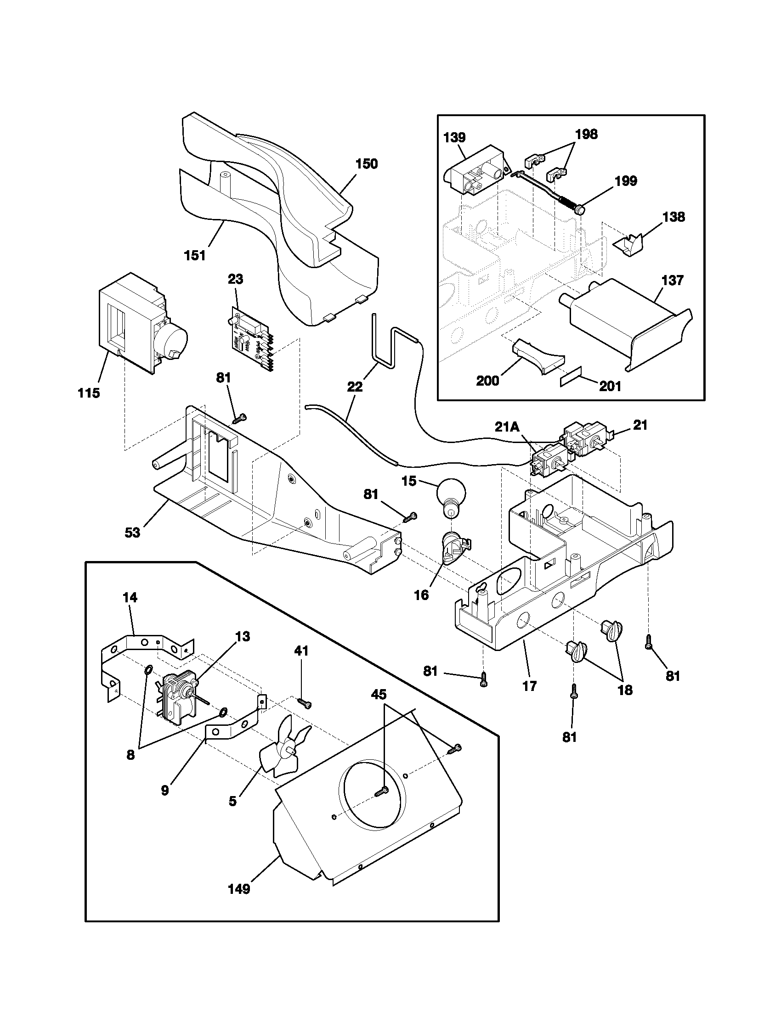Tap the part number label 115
coord(89,393)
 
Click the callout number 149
coord(239,889)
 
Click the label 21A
coord(507,427)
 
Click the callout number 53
coord(132,532)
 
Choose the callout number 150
coord(367,164)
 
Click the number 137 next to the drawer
coord(672,280)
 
